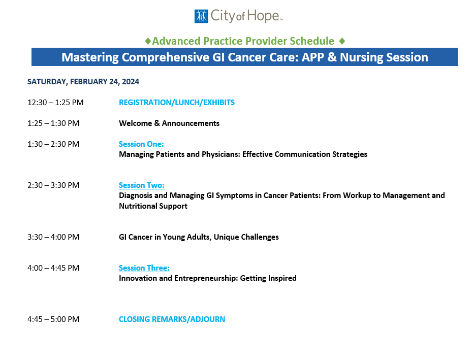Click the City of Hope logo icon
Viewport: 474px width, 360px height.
coord(201,16)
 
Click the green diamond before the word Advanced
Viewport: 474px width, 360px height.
coord(148,41)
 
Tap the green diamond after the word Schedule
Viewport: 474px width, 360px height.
coord(342,41)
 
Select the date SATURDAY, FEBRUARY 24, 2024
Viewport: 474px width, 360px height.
coord(83,82)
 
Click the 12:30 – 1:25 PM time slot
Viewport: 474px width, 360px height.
coord(55,103)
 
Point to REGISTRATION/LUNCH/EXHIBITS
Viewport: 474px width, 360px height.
coord(176,103)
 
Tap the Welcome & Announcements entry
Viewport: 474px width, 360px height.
coord(169,123)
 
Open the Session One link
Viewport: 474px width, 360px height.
coord(141,144)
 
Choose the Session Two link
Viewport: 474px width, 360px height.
coord(141,185)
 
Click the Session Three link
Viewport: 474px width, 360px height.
coord(144,268)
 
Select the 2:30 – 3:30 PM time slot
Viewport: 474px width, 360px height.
coord(53,185)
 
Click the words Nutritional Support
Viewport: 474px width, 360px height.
coord(153,206)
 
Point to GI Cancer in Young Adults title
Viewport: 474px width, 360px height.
coord(199,237)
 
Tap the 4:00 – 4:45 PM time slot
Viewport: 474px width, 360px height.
coord(53,268)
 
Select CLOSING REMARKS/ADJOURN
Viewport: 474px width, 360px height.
coord(172,319)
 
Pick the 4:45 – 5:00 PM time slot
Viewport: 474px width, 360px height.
coord(53,319)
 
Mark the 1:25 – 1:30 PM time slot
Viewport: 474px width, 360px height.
coord(53,123)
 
